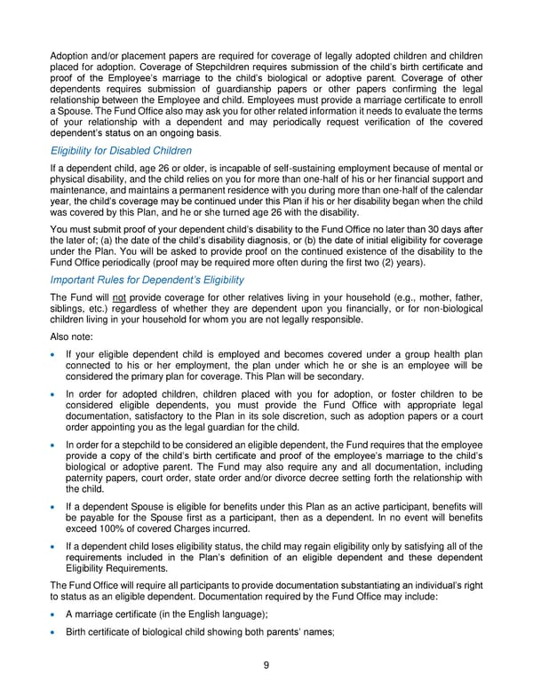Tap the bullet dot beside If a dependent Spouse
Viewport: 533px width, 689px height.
tap(55, 505)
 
